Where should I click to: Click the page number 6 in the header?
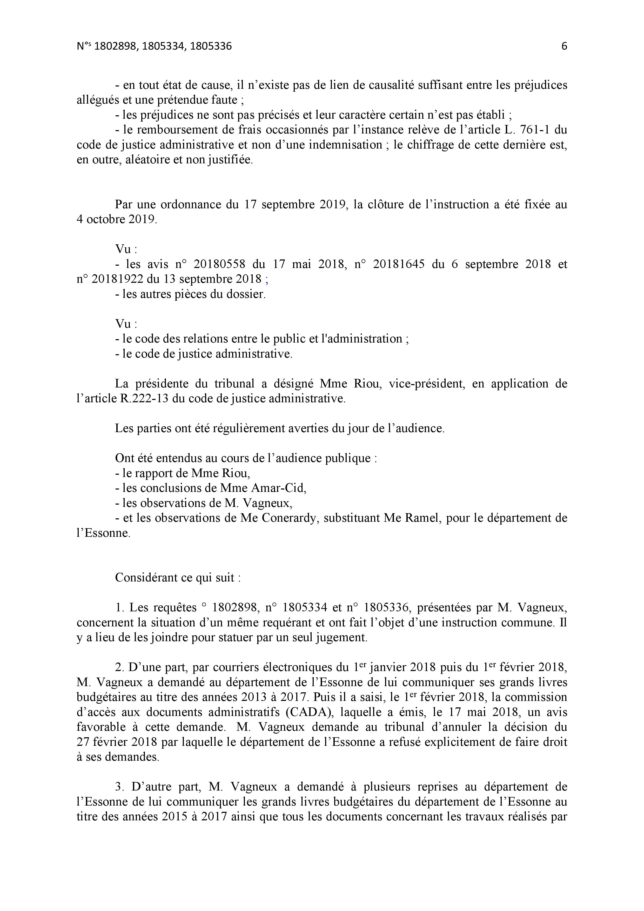tap(564, 46)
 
